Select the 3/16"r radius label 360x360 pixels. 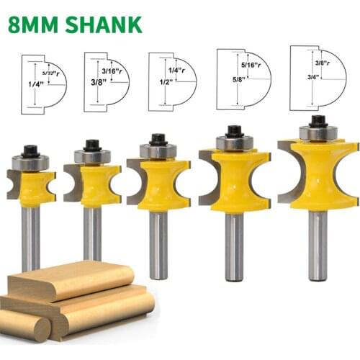[115, 70]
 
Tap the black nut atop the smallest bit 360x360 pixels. [30, 151]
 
